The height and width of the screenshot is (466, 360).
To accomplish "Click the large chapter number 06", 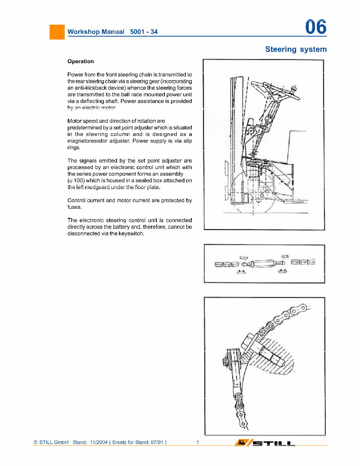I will click(x=315, y=27).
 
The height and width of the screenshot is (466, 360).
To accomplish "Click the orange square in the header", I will click(x=57, y=32).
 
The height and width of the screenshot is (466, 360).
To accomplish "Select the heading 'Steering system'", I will click(x=296, y=49).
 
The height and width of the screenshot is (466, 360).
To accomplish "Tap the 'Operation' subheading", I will click(x=80, y=61).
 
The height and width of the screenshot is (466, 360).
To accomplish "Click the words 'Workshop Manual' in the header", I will click(x=96, y=32).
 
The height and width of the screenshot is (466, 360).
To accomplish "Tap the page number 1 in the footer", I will click(x=198, y=443).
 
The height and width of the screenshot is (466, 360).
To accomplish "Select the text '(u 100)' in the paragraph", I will click(x=76, y=181).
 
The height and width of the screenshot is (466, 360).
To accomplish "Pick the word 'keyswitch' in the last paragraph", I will click(x=131, y=234).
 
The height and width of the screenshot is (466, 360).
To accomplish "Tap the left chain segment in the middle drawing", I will click(x=226, y=264).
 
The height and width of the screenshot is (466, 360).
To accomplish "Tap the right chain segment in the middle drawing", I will click(x=303, y=262).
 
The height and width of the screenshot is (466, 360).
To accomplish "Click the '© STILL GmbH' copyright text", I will click(x=51, y=443).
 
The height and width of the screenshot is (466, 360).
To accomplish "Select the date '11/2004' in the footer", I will click(x=98, y=443).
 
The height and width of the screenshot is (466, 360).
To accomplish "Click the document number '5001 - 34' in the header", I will click(x=144, y=32).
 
